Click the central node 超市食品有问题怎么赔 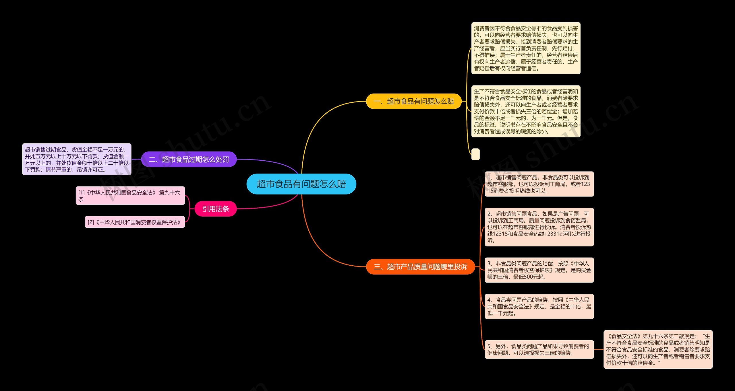(301, 184)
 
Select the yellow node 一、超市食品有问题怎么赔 (413, 101)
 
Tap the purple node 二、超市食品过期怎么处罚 (189, 159)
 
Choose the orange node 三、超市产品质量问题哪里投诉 (420, 267)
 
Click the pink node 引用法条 (215, 209)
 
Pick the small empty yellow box (475, 154)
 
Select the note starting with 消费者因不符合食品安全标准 (526, 48)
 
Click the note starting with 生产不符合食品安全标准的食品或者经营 (526, 111)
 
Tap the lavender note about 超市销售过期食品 (77, 159)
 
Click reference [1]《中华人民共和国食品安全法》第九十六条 (130, 196)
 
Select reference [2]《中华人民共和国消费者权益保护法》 (135, 222)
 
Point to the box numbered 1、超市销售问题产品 (539, 184)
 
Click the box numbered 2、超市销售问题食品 (539, 227)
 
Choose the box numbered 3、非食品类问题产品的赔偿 (539, 270)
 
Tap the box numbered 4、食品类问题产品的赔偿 (539, 306)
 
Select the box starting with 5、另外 (539, 349)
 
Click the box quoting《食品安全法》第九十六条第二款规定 (658, 349)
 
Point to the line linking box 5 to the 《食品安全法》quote (599, 349)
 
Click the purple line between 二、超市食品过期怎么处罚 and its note (136, 159)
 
